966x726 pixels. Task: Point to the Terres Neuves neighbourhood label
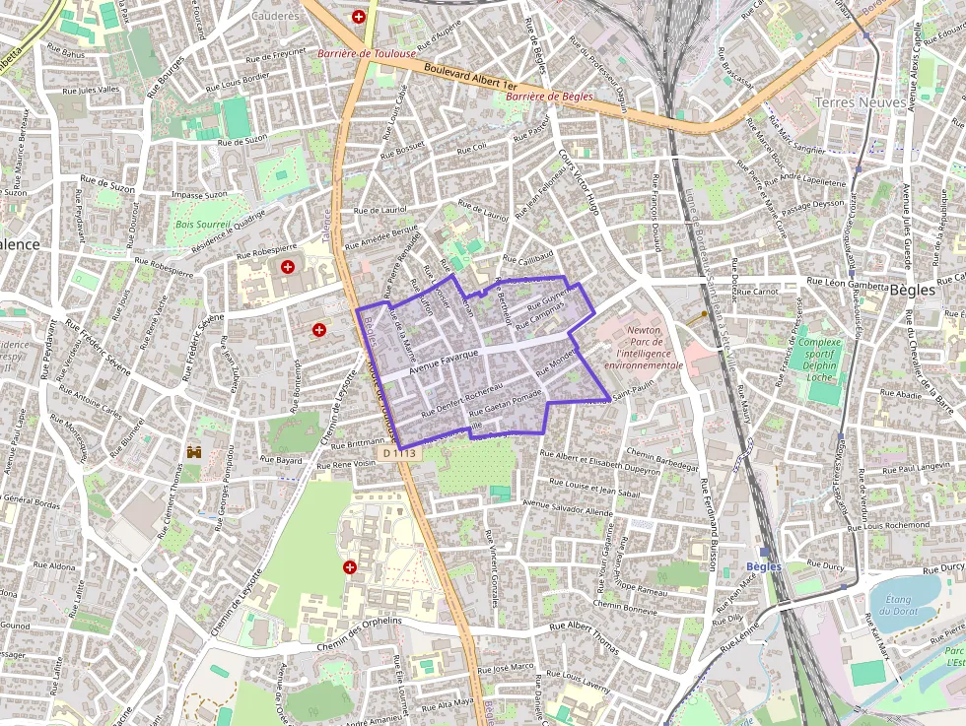[854, 101]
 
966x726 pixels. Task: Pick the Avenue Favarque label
[444, 360]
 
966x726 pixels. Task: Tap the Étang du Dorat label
[896, 606]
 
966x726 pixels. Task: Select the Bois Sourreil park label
[202, 225]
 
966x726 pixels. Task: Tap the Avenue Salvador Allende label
[567, 507]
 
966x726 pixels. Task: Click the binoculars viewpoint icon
[193, 451]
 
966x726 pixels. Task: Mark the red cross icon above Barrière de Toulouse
[359, 17]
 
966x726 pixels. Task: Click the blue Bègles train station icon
[764, 551]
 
